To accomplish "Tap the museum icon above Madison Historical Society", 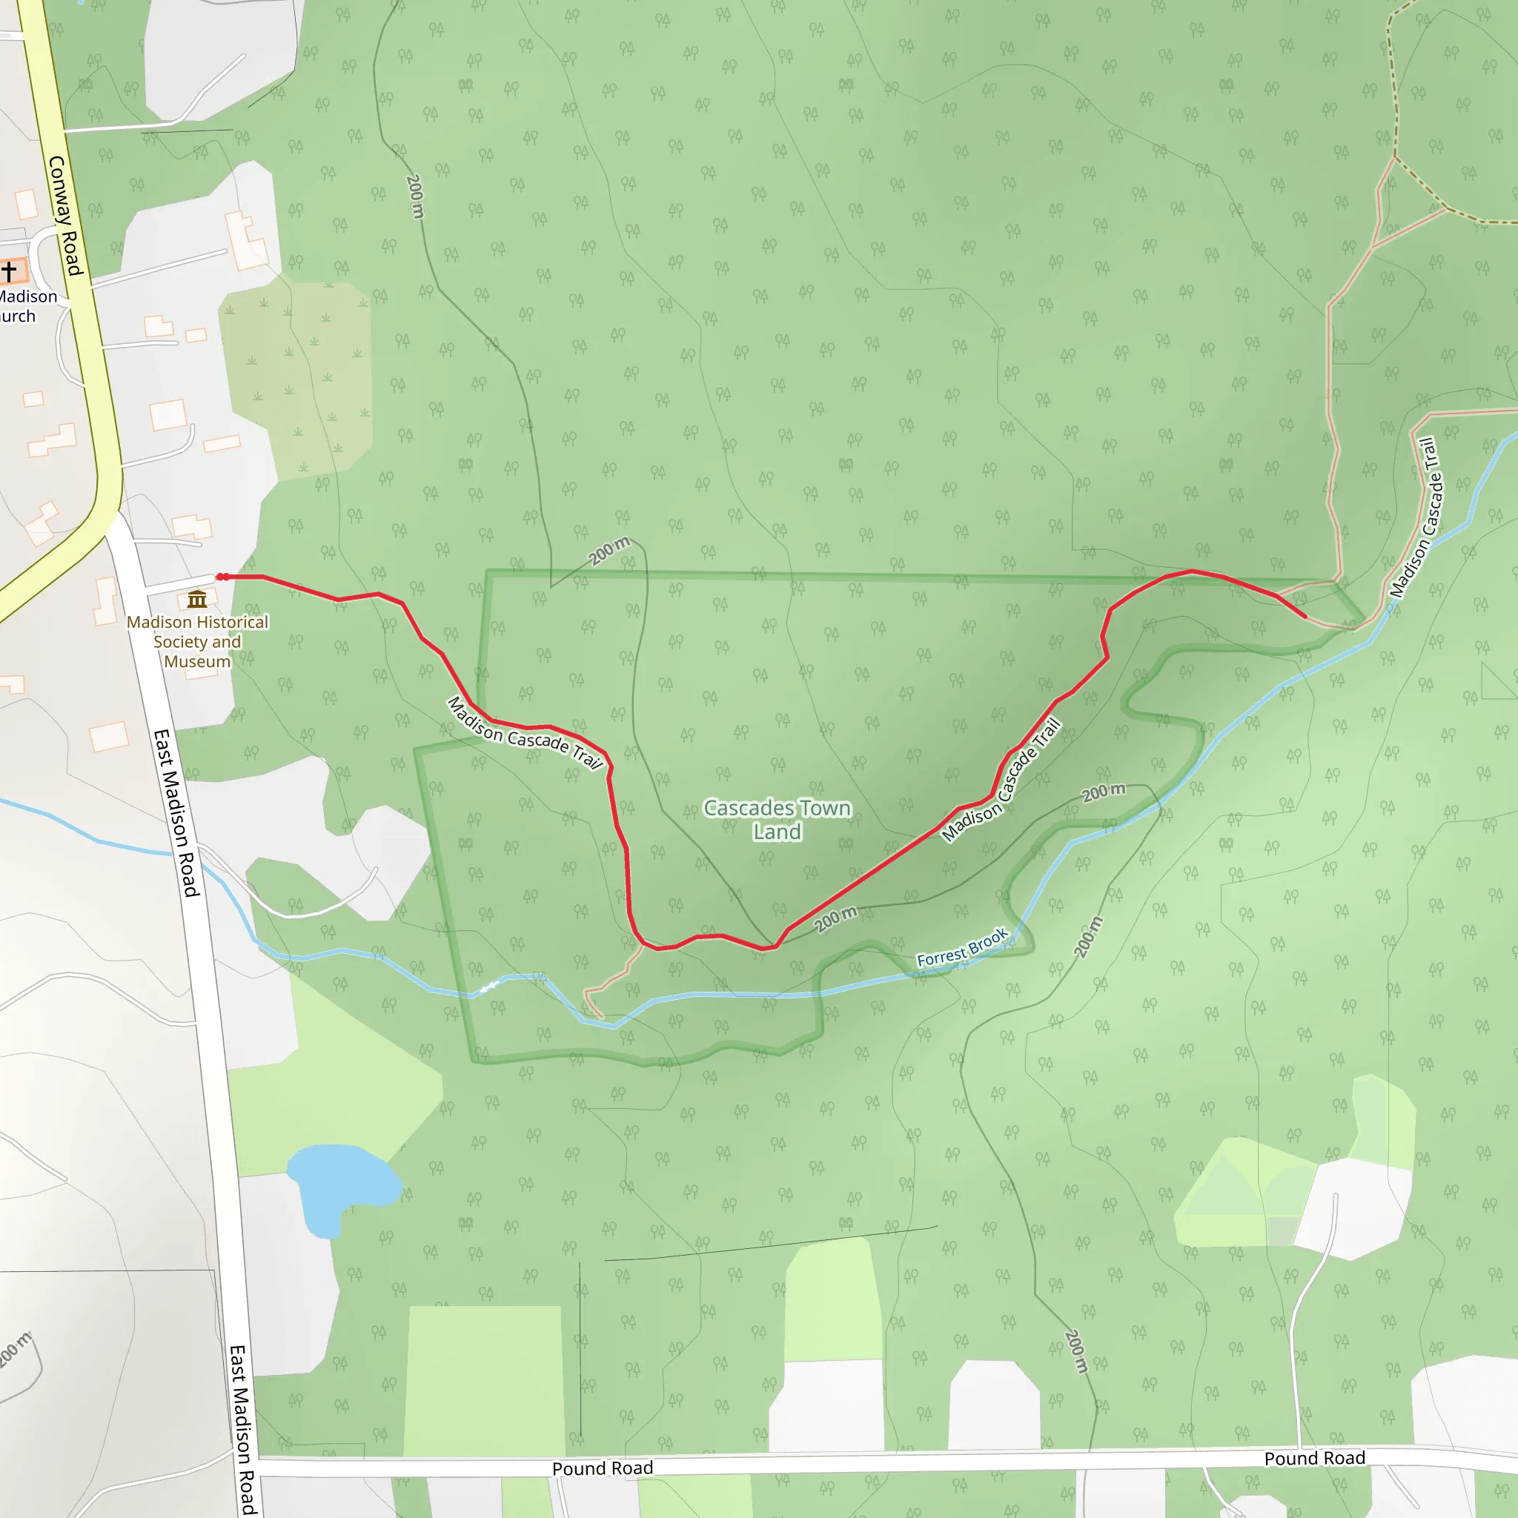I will (197, 600).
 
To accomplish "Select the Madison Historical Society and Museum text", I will (197, 641).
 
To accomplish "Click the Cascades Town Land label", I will (777, 820).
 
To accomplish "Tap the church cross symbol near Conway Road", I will (10, 271).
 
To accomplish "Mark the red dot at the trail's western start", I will (222, 577).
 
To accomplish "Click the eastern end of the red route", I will (1305, 617).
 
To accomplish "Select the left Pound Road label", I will (602, 1468).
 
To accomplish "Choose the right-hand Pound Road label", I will (1314, 1458).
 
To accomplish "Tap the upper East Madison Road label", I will (177, 812).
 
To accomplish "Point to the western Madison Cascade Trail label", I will (525, 734).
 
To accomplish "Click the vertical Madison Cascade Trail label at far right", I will (1414, 518).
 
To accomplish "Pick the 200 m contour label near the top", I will (415, 196).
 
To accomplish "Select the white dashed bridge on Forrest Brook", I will (488, 987).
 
